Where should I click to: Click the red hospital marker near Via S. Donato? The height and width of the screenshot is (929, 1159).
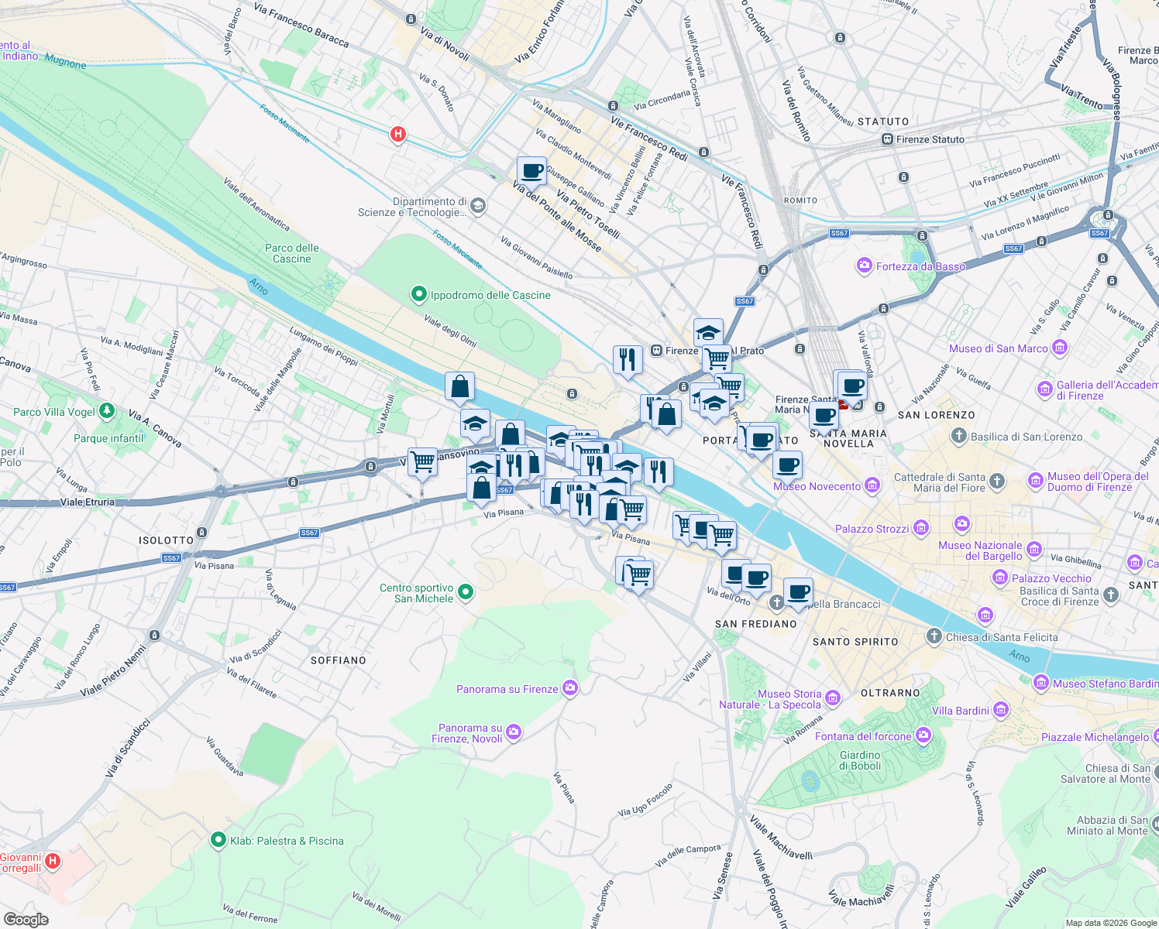pyautogui.click(x=398, y=134)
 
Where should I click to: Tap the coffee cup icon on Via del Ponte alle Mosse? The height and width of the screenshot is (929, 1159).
pyautogui.click(x=531, y=171)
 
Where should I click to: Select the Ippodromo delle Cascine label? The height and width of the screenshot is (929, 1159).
pyautogui.click(x=490, y=295)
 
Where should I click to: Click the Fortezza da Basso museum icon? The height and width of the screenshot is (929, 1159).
pyautogui.click(x=865, y=266)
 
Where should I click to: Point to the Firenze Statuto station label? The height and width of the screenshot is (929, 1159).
pyautogui.click(x=930, y=139)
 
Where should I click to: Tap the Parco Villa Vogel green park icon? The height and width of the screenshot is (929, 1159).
pyautogui.click(x=108, y=411)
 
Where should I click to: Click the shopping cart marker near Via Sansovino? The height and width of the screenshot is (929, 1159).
pyautogui.click(x=422, y=463)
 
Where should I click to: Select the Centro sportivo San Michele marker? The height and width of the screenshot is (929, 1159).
pyautogui.click(x=466, y=593)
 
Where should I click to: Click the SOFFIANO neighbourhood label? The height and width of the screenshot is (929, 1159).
pyautogui.click(x=338, y=660)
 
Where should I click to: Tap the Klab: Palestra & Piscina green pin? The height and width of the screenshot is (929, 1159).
pyautogui.click(x=219, y=840)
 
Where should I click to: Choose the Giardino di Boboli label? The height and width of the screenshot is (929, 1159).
pyautogui.click(x=860, y=760)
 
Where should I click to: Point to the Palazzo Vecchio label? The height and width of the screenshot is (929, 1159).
pyautogui.click(x=1051, y=578)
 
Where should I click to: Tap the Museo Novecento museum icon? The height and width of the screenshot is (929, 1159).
pyautogui.click(x=872, y=486)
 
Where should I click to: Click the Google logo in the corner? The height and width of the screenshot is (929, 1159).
pyautogui.click(x=26, y=920)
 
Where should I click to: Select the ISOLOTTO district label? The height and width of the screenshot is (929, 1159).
pyautogui.click(x=166, y=540)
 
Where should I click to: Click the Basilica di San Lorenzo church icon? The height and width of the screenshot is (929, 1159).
pyautogui.click(x=959, y=437)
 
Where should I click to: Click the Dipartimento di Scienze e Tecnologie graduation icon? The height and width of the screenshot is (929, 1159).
pyautogui.click(x=478, y=206)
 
